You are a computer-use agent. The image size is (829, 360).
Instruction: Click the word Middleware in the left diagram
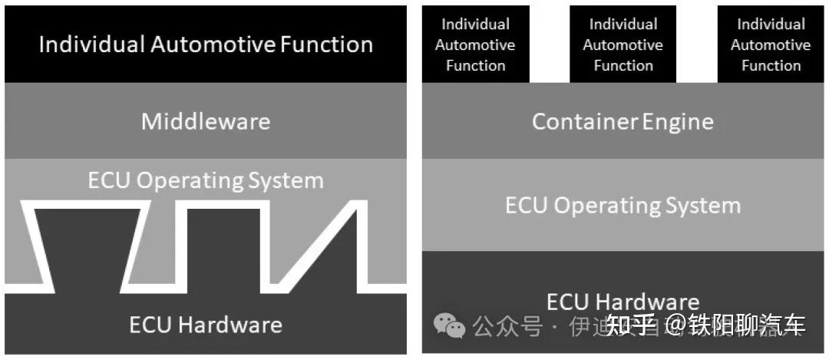[x=206, y=121]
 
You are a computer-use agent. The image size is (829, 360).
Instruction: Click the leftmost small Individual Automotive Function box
[x=475, y=45]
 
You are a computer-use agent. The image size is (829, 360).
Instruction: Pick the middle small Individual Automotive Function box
[x=623, y=45]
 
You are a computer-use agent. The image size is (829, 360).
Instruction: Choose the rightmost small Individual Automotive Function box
[x=771, y=45]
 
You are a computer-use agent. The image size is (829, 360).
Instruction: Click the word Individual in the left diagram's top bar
[x=91, y=44]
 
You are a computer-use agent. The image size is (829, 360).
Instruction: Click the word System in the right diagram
[x=705, y=206]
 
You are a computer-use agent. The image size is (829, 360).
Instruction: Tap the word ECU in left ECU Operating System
[x=108, y=181]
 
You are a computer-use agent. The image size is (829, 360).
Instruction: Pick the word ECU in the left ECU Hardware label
[x=150, y=325]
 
